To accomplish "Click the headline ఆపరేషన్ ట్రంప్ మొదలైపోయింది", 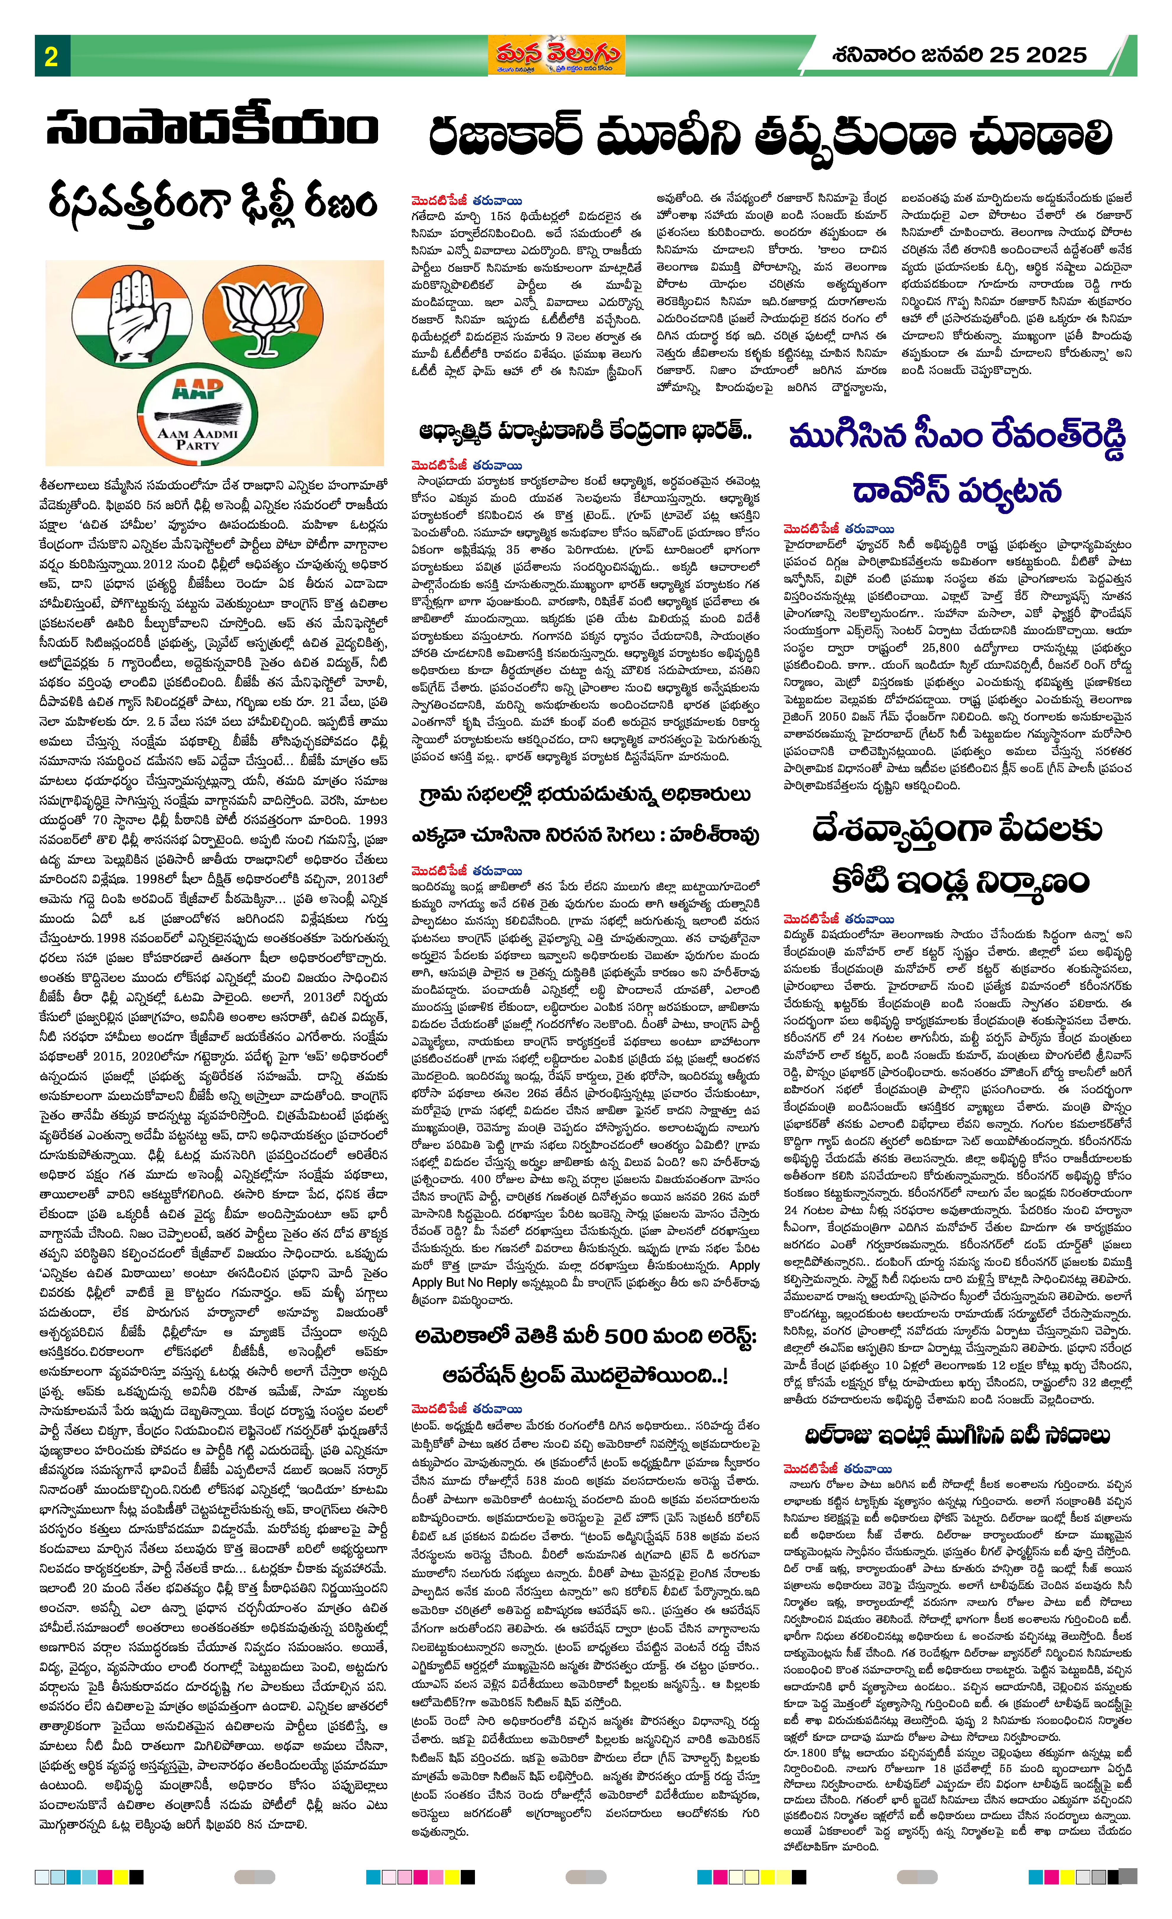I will pos(586,1376).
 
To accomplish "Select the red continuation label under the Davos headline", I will pos(839,530).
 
